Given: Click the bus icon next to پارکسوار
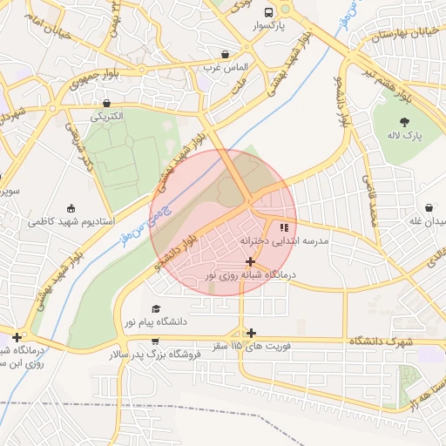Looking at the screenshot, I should tap(268, 13).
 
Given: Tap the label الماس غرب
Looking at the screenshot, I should tap(226, 67).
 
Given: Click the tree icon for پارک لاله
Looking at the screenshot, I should tap(403, 123).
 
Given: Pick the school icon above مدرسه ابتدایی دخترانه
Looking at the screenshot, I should tap(283, 228).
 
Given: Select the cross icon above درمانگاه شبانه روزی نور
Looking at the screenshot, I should tap(251, 261).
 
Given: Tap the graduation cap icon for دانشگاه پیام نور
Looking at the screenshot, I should tap(156, 308).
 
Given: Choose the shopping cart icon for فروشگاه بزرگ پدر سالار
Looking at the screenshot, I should tap(154, 341).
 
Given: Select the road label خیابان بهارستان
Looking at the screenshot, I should tap(408, 34).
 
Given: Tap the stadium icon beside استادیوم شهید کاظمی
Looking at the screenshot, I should tap(70, 209).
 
